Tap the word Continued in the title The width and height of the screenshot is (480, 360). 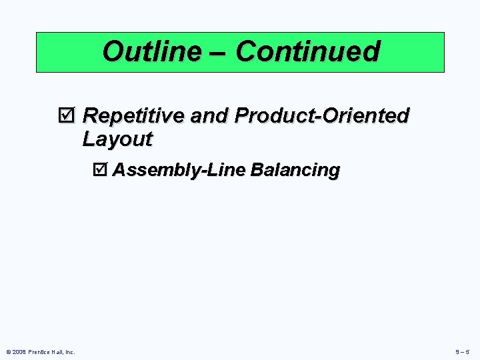pyautogui.click(x=307, y=51)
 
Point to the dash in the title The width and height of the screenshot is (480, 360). pyautogui.click(x=225, y=52)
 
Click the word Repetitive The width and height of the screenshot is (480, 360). pyautogui.click(x=133, y=116)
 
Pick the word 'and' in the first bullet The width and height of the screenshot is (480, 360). pyautogui.click(x=207, y=116)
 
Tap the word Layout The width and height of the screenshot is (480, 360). pyautogui.click(x=117, y=139)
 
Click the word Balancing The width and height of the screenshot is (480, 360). pyautogui.click(x=295, y=170)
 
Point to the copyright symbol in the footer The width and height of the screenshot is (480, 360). pyautogui.click(x=8, y=352)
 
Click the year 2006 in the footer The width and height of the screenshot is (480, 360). pyautogui.click(x=19, y=352)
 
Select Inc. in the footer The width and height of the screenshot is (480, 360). pyautogui.click(x=71, y=352)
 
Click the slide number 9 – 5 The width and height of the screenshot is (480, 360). pyautogui.click(x=463, y=352)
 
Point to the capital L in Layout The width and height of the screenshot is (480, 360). pyautogui.click(x=89, y=139)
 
